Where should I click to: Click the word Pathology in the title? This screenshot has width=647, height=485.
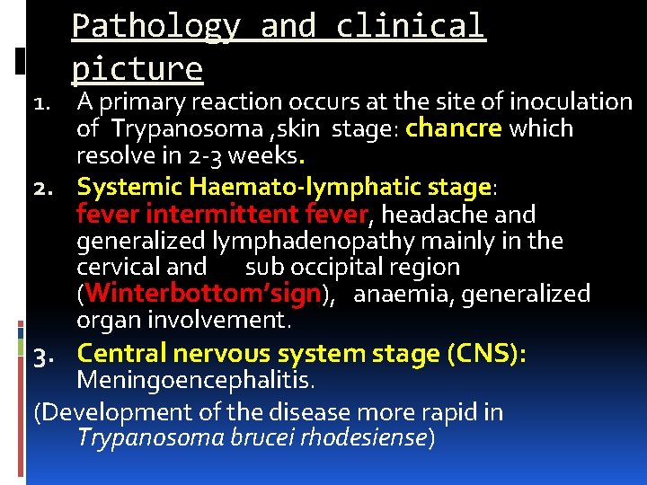(155, 26)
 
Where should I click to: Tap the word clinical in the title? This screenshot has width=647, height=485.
(411, 26)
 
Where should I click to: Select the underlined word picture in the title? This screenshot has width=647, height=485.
(137, 67)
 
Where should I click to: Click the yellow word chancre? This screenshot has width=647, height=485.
(454, 128)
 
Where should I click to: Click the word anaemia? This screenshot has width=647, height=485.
(400, 294)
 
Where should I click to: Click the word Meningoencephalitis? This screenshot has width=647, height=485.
(195, 382)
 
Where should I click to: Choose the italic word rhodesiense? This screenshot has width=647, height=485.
(364, 438)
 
